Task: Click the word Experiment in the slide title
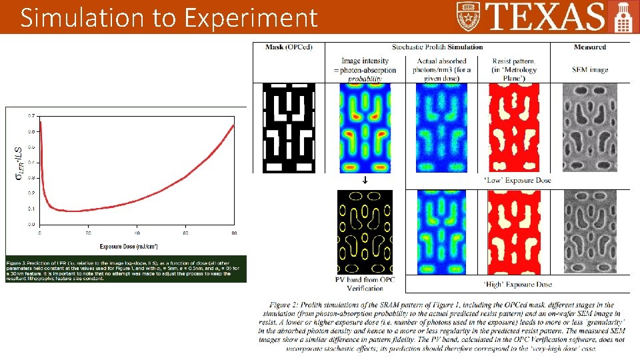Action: click(x=251, y=18)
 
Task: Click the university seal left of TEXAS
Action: click(x=470, y=16)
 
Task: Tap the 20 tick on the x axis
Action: click(x=88, y=233)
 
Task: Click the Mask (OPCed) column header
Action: click(x=289, y=47)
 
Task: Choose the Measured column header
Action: click(x=589, y=47)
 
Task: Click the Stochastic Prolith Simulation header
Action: click(x=437, y=47)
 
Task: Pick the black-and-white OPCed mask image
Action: click(x=289, y=127)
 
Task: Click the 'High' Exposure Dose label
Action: click(x=517, y=285)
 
